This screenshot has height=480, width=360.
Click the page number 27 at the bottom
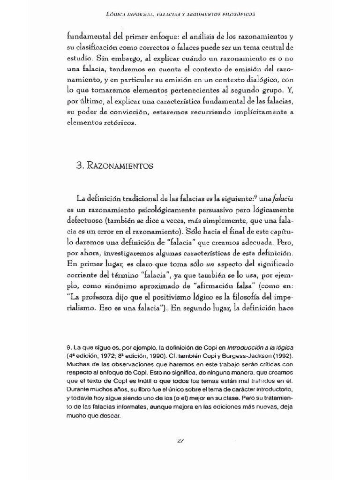pos(180,440)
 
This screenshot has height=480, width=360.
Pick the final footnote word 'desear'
pos(111,415)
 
